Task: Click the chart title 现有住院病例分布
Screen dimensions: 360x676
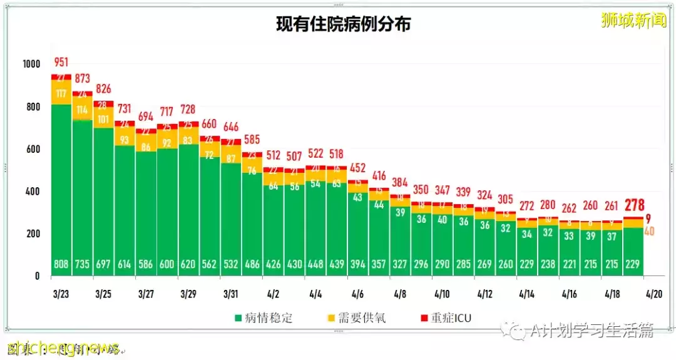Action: point(344,24)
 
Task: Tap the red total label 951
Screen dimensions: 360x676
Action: point(61,62)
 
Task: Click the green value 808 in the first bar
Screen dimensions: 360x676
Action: point(61,264)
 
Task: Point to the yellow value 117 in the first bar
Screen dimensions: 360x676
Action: point(61,93)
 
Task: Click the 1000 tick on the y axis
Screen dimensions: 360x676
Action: point(31,64)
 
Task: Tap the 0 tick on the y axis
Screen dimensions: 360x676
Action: point(36,276)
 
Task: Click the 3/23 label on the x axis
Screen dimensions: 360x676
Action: point(61,293)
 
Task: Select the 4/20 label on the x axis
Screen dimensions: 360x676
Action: point(654,293)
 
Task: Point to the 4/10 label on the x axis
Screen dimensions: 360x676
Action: point(442,293)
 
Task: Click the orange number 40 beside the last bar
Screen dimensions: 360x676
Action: point(649,231)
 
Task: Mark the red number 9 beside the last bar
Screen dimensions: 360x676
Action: point(648,219)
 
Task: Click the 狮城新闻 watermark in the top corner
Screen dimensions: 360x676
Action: point(633,20)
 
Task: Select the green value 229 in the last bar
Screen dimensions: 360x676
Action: point(632,264)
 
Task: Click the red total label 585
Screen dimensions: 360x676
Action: point(252,139)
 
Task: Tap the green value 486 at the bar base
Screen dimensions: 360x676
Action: point(252,264)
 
